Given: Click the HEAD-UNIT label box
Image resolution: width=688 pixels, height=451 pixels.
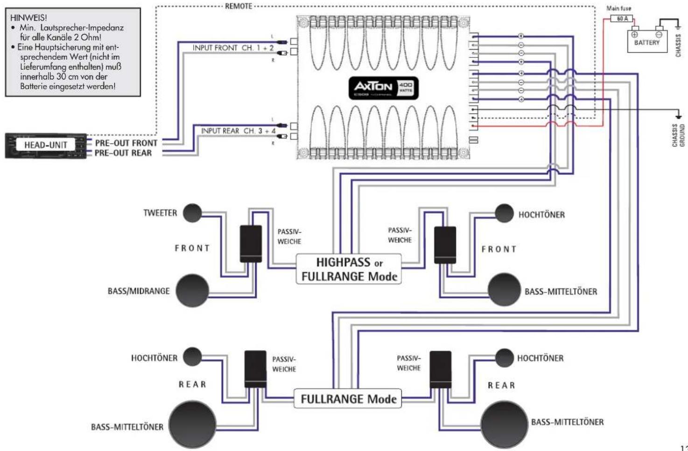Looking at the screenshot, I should pyautogui.click(x=45, y=145).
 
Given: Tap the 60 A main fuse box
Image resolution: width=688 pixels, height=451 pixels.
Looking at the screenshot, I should pyautogui.click(x=622, y=19).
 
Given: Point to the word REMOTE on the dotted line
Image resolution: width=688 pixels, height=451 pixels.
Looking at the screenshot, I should pyautogui.click(x=239, y=6).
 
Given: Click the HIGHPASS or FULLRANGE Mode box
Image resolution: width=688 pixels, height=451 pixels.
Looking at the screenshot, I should pyautogui.click(x=349, y=269).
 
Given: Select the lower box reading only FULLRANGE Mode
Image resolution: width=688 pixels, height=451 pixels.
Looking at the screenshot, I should pyautogui.click(x=348, y=399).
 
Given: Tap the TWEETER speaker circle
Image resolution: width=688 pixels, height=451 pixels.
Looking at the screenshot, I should pyautogui.click(x=192, y=213).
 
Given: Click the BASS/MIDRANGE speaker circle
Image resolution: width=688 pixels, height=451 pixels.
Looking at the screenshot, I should pyautogui.click(x=192, y=291).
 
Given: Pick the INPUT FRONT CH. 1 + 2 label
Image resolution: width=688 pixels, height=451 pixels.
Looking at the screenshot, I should pyautogui.click(x=233, y=48).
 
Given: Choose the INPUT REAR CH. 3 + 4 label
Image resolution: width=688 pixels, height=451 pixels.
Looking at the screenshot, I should pyautogui.click(x=238, y=131).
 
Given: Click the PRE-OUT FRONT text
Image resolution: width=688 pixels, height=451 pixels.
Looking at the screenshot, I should pyautogui.click(x=126, y=143).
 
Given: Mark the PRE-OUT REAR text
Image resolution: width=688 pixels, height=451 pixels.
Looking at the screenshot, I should pyautogui.click(x=123, y=153).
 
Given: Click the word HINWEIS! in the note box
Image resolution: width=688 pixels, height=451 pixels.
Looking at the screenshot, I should pyautogui.click(x=28, y=18).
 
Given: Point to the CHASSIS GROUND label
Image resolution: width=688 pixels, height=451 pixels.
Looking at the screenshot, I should pyautogui.click(x=678, y=136).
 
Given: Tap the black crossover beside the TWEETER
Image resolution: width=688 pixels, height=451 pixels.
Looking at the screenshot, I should pyautogui.click(x=251, y=243).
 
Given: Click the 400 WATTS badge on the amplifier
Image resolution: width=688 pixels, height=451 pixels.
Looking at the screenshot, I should pyautogui.click(x=405, y=87).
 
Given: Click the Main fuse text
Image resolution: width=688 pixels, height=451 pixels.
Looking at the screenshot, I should pyautogui.click(x=618, y=8).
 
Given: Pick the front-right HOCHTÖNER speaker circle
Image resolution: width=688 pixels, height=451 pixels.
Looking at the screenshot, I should pyautogui.click(x=504, y=213).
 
